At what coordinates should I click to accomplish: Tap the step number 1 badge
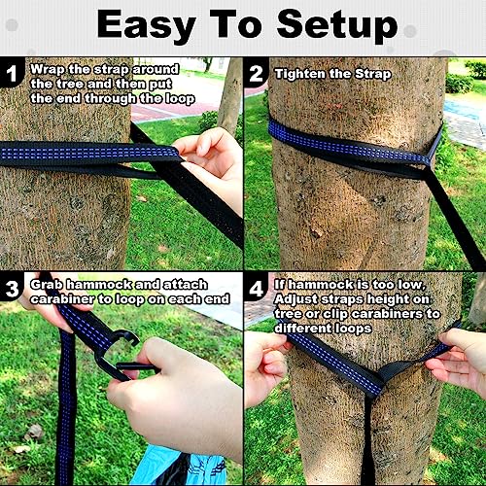click(x=14, y=74)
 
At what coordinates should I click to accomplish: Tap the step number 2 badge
click(x=258, y=74)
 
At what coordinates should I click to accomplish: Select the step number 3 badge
click(x=14, y=288)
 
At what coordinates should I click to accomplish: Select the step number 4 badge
click(x=258, y=288)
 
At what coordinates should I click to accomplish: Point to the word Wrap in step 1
click(x=48, y=69)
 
